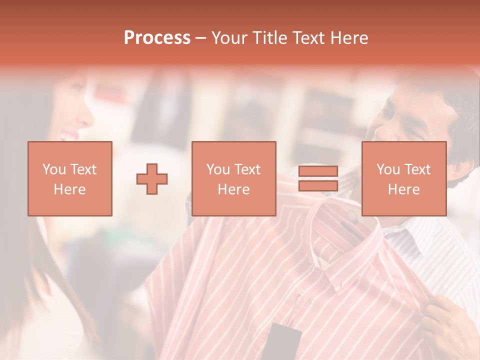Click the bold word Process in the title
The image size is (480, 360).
tap(157, 38)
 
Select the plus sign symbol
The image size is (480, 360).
tap(152, 178)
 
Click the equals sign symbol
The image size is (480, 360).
tap(318, 178)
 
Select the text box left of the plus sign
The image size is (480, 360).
tap(70, 178)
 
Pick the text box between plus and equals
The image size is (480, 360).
tap(233, 178)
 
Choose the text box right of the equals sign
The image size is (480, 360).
tap(403, 178)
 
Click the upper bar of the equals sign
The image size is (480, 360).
tap(318, 171)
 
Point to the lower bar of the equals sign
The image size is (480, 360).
tap(318, 185)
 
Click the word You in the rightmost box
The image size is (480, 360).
tap(388, 169)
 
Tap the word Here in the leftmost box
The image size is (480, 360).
tap(70, 189)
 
